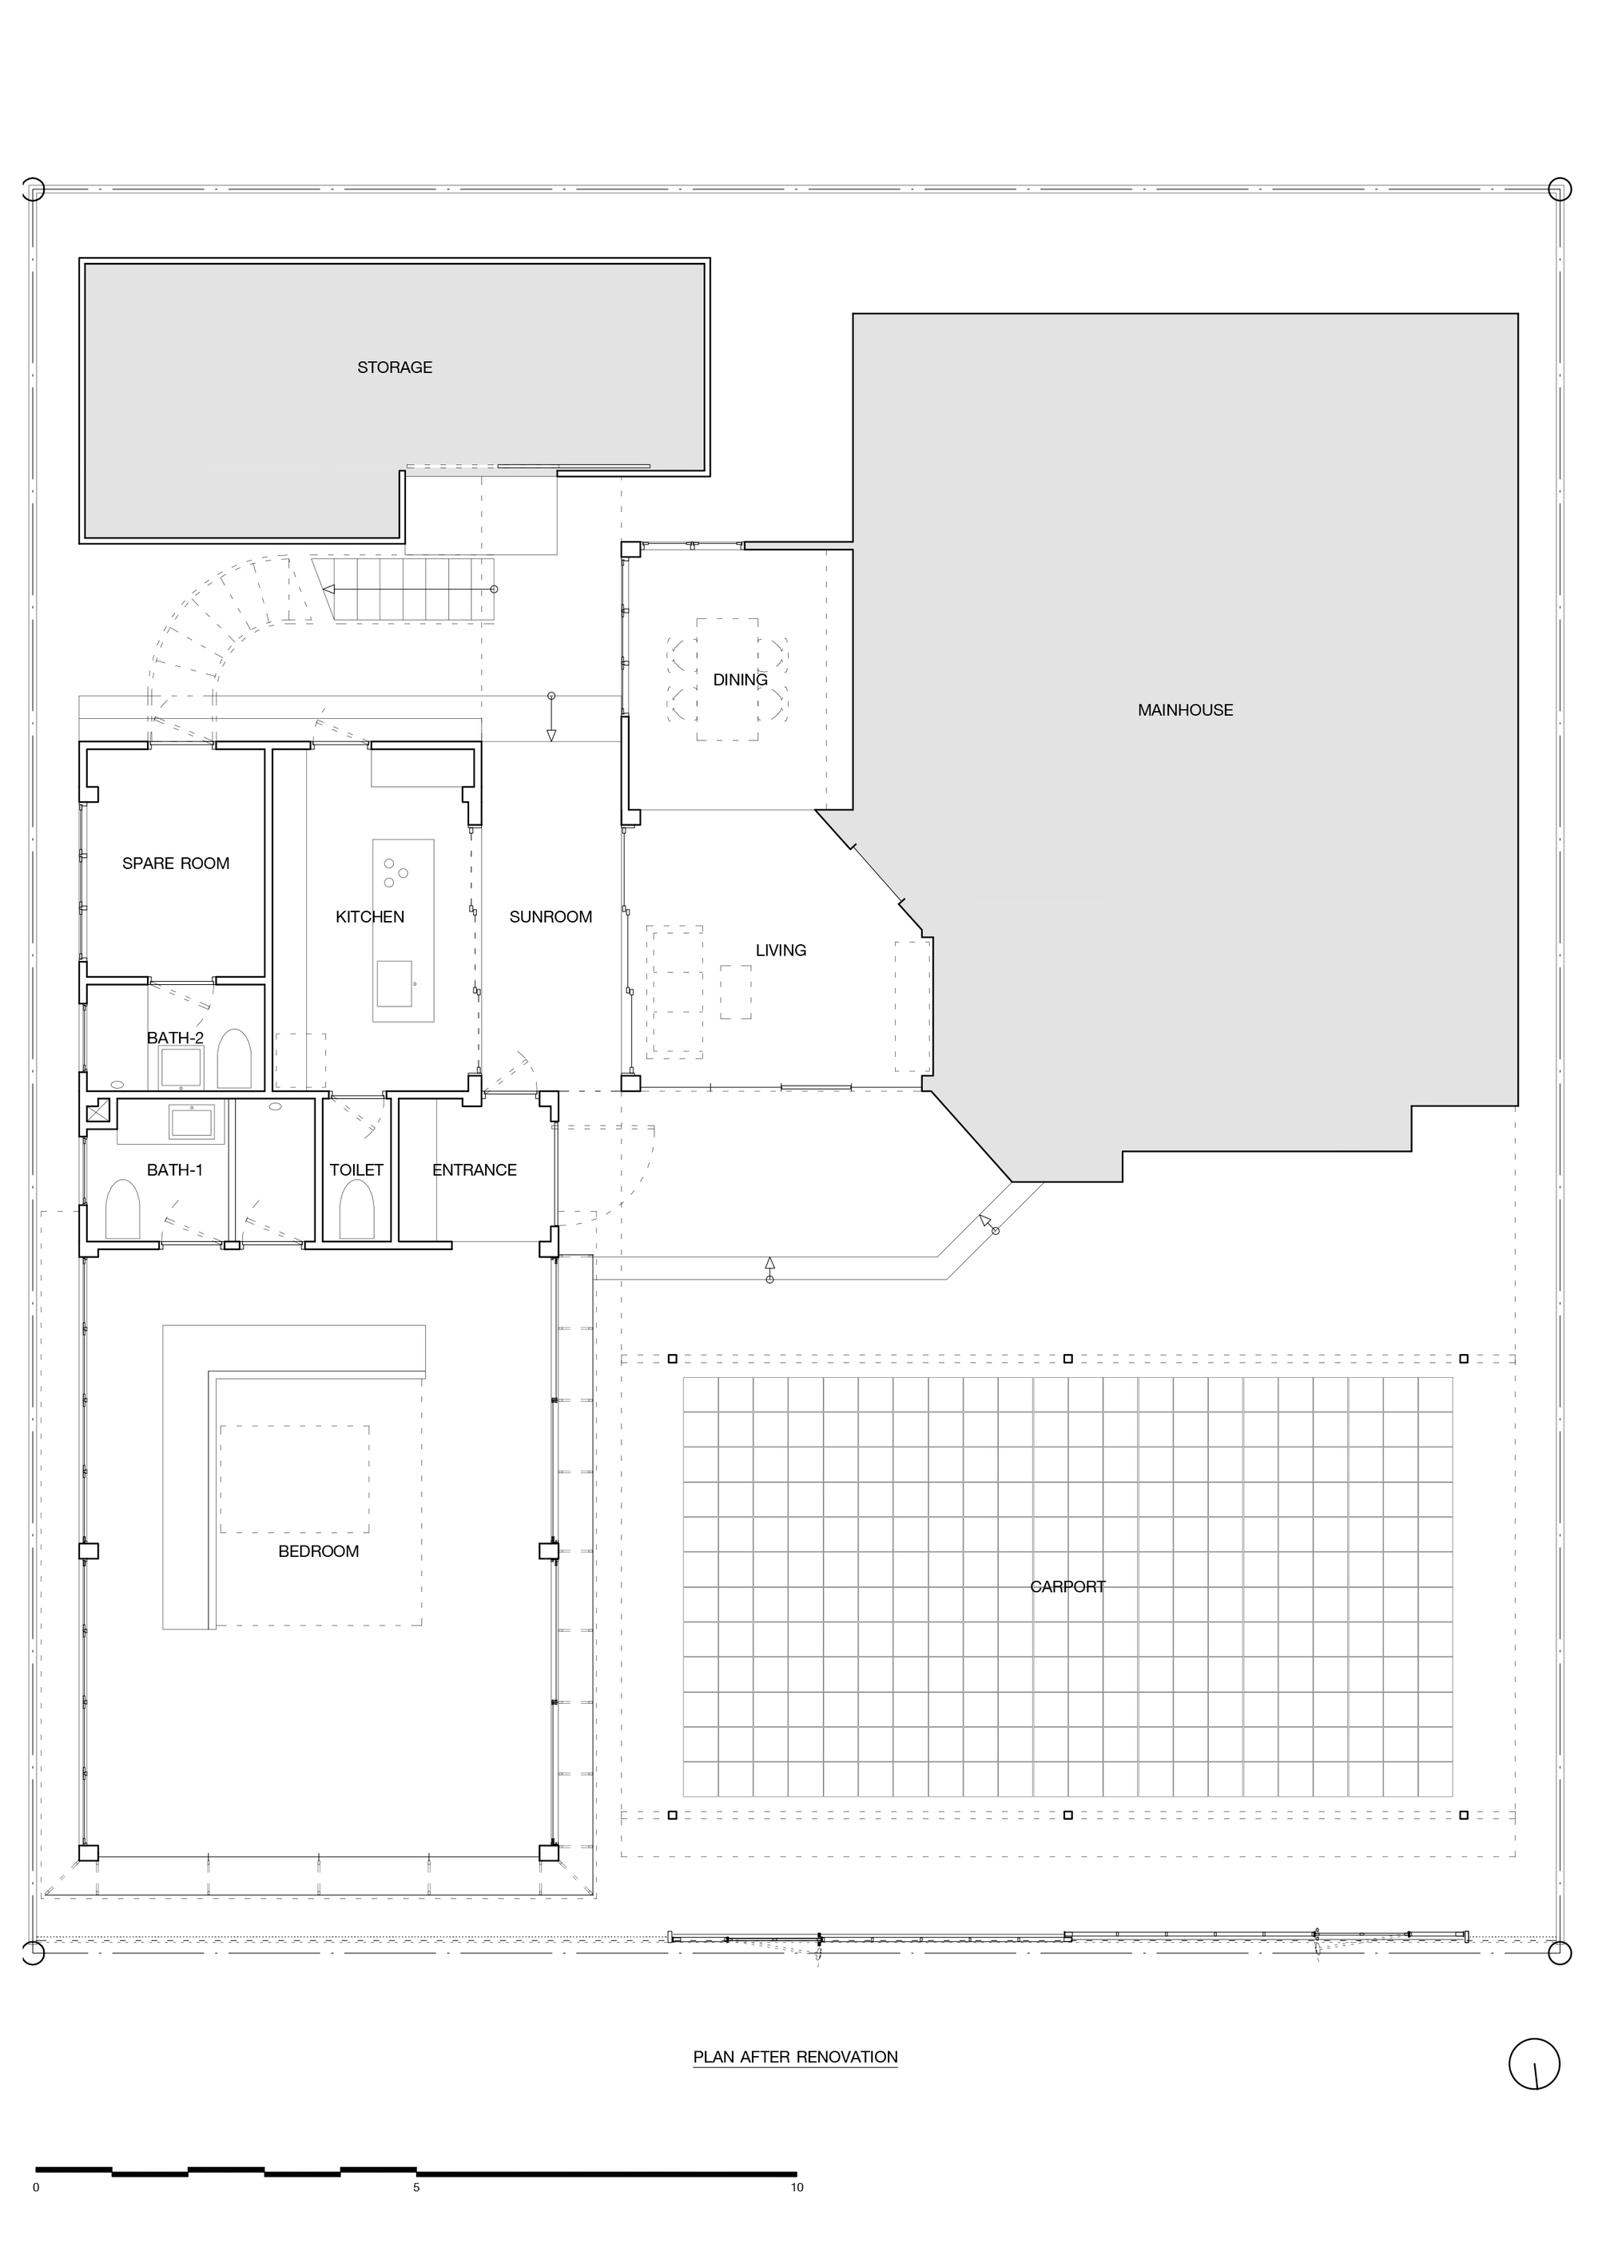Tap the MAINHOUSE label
(x=1185, y=710)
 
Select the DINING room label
(x=740, y=680)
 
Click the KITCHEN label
(x=370, y=917)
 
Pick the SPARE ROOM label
(x=175, y=864)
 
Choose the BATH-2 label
(x=175, y=1038)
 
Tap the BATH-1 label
(x=175, y=1169)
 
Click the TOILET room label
(x=356, y=1169)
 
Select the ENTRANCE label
(x=475, y=1169)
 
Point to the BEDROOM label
(x=318, y=1551)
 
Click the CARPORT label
(x=1067, y=1587)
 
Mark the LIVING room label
(x=781, y=951)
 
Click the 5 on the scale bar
(x=416, y=2188)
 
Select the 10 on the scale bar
(x=797, y=2188)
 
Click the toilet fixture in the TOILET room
(x=356, y=1210)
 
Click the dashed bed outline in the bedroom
(x=294, y=1479)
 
